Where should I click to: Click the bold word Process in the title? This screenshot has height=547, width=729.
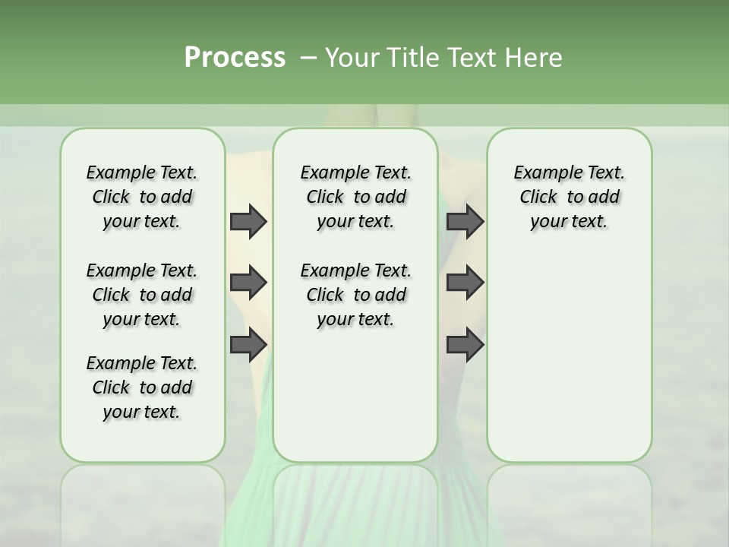235,58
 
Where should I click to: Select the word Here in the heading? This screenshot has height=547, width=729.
535,58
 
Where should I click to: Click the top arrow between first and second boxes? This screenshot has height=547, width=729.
248,221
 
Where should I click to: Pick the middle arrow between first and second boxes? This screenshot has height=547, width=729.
248,283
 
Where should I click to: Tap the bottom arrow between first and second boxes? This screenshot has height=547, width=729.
248,345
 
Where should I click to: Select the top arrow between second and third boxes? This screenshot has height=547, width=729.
464,221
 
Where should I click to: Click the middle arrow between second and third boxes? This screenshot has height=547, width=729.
464,283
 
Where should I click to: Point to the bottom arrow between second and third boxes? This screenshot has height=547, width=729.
464,345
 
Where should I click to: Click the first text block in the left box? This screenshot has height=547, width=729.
142,197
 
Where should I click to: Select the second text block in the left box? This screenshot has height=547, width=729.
142,295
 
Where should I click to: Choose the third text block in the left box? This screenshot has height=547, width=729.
142,387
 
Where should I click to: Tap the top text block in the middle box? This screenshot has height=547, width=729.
355,197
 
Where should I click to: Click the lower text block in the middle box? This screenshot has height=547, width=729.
355,295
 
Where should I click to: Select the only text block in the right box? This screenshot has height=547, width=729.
569,197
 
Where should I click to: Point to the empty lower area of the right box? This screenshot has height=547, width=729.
569,357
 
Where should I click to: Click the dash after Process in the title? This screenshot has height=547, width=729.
308,58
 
